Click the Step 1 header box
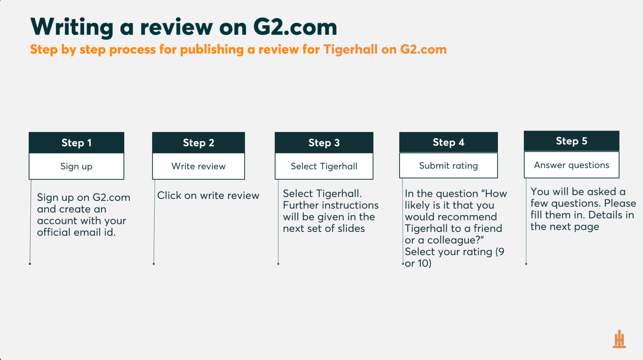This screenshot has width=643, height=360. pyautogui.click(x=77, y=143)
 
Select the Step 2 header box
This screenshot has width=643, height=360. pyautogui.click(x=199, y=143)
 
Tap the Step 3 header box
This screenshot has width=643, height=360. pyautogui.click(x=324, y=143)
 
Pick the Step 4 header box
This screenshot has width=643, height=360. pyautogui.click(x=448, y=142)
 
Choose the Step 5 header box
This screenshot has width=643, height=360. pyautogui.click(x=572, y=141)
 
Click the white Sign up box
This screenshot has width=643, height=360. pyautogui.click(x=77, y=166)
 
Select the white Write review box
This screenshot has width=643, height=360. pyautogui.click(x=199, y=166)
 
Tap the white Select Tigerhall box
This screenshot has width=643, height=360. pyautogui.click(x=324, y=166)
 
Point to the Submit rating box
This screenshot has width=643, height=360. pyautogui.click(x=448, y=165)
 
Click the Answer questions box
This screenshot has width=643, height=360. pyautogui.click(x=572, y=165)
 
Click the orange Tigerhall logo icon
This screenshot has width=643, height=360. pyautogui.click(x=619, y=339)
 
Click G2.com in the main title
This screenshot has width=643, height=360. pyautogui.click(x=295, y=27)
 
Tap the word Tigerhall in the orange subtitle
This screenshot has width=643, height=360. pyautogui.click(x=350, y=49)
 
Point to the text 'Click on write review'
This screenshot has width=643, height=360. pyautogui.click(x=208, y=195)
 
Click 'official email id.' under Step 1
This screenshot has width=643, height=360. pyautogui.click(x=76, y=232)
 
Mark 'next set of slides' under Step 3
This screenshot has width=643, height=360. pyautogui.click(x=324, y=228)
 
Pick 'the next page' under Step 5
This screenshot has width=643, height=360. pyautogui.click(x=565, y=227)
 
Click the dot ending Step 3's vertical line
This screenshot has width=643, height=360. pyautogui.click(x=278, y=264)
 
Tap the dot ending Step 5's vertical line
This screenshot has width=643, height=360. pyautogui.click(x=526, y=264)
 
